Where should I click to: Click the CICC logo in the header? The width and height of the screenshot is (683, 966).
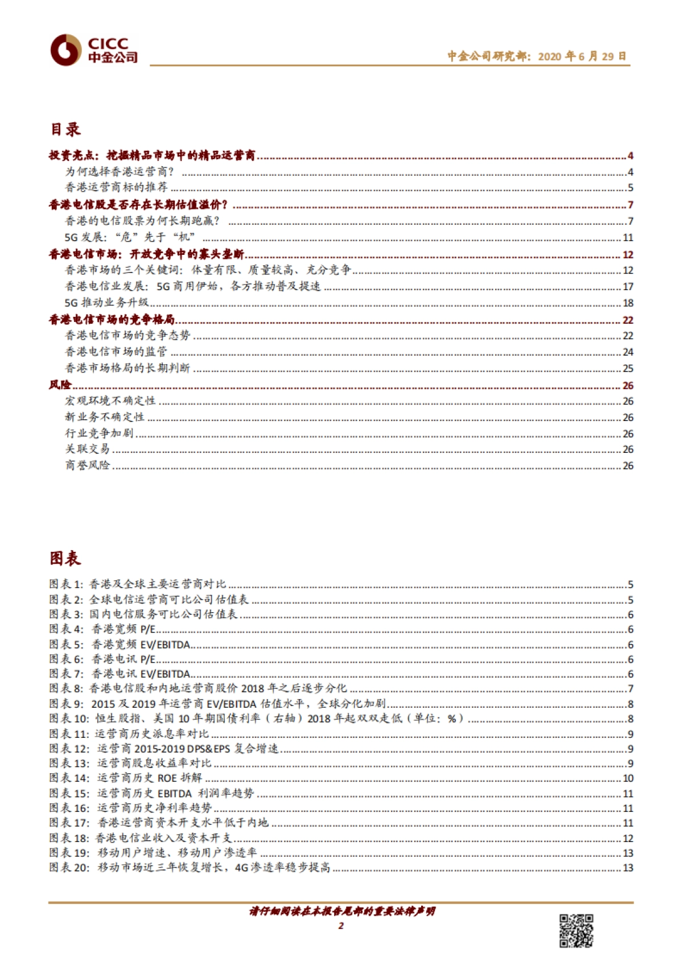pos(94,50)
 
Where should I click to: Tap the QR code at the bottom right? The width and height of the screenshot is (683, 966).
pos(575,931)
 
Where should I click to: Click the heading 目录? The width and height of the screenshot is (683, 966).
pos(65,130)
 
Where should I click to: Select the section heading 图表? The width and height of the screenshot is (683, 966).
pos(65,559)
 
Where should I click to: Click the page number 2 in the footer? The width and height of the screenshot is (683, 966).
pos(341,926)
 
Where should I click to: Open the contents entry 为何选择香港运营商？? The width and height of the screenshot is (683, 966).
pos(120,172)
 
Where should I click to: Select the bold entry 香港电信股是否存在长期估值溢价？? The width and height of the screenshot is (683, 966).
pos(138,205)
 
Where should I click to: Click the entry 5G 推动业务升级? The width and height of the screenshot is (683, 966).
pos(107,303)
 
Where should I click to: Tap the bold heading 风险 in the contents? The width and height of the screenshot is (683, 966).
pos(60,385)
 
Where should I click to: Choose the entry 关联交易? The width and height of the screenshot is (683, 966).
pos(87,449)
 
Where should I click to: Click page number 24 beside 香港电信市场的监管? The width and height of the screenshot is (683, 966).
pos(628,352)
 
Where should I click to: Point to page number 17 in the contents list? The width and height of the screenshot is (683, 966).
pos(628,287)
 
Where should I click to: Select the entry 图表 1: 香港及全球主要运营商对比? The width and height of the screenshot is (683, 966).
pos(138,584)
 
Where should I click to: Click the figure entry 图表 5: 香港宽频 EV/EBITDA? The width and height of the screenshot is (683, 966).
pos(120,645)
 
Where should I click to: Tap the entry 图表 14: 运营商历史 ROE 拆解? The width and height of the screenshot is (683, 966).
pos(125,778)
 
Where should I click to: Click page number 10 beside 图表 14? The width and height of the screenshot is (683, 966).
pos(628,778)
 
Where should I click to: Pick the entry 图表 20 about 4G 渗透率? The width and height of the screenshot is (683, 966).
pos(190,868)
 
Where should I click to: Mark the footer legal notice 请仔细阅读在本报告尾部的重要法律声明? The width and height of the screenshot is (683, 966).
pos(342,911)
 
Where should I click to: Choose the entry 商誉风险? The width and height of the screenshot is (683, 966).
pos(87,465)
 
